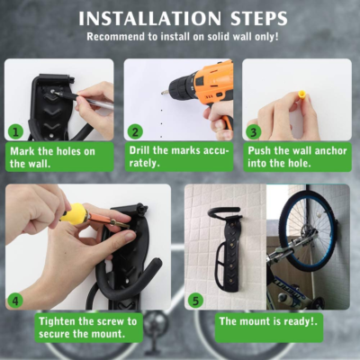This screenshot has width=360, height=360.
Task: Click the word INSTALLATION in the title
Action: (150, 19)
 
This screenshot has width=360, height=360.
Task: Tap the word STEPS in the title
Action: (259, 19)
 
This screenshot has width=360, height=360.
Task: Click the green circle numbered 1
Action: (16, 132)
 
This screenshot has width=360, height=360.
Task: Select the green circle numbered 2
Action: (135, 132)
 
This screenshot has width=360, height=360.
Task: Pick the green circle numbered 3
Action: (254, 132)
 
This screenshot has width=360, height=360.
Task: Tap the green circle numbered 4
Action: (15, 301)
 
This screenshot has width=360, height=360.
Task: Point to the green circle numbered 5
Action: (196, 301)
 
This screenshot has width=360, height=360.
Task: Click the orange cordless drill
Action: (204, 93)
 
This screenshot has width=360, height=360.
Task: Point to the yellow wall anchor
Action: (301, 97)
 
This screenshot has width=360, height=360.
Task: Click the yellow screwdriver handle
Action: (73, 212)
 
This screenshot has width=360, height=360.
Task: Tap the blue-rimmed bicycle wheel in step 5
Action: (307, 229)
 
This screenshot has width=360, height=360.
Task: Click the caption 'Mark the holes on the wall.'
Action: (52, 157)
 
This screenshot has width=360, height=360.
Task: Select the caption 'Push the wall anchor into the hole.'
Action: (297, 157)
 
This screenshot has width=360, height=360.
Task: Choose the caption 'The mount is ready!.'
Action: (268, 321)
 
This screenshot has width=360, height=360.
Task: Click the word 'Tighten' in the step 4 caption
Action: (57, 321)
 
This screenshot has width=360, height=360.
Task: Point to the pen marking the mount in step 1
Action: (84, 99)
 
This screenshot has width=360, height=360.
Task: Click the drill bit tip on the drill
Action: (163, 93)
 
